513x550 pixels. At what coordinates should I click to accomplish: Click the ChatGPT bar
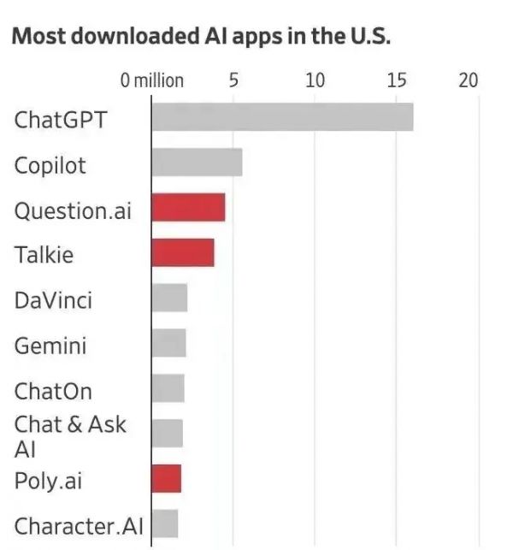point(282,117)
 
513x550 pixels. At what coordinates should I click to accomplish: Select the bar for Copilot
point(197,163)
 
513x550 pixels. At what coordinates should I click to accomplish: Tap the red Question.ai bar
point(188,208)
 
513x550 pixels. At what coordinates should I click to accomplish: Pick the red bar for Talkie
point(183,253)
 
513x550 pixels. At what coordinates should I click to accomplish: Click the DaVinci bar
point(169,299)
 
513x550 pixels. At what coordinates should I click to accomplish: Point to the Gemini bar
point(168,344)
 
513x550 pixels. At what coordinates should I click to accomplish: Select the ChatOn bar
point(168,388)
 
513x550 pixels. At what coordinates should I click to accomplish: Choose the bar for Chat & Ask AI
point(167,433)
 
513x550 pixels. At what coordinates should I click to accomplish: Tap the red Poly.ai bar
point(166,478)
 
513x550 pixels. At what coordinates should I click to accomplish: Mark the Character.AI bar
point(164,523)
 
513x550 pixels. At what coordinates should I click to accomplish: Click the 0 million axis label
point(152,80)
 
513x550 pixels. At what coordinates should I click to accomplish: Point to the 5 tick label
point(233,80)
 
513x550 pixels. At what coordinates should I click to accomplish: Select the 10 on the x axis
point(315,80)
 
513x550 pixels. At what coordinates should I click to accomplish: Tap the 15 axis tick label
point(396,80)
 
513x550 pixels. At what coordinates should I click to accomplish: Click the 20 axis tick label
point(468,80)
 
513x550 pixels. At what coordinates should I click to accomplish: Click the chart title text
point(202,37)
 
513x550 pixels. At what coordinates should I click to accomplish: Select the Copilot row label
point(50,164)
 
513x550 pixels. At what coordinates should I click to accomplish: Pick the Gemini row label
point(50,346)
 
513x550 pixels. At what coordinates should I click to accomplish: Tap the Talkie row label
point(44,254)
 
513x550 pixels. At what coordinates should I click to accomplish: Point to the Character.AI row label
point(79,525)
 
